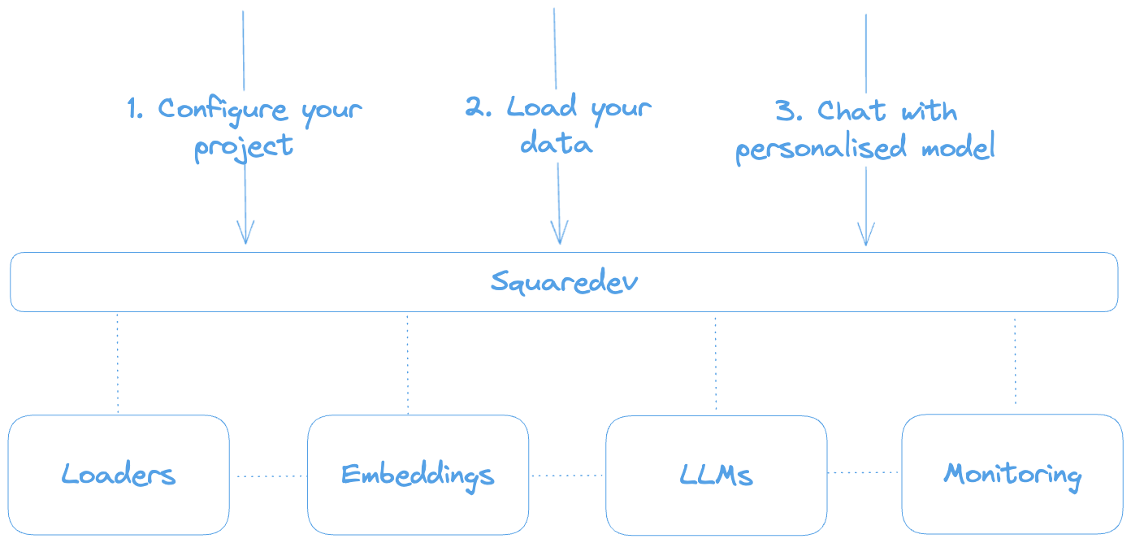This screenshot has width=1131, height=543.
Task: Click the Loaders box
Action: [119, 474]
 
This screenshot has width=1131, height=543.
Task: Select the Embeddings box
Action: [418, 474]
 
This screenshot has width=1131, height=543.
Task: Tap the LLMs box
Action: [716, 474]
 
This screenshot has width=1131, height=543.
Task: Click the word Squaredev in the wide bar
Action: [564, 282]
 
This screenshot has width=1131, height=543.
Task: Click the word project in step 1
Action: [243, 148]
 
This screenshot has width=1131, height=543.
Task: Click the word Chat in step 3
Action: [850, 111]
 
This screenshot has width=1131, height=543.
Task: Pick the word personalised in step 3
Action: [824, 150]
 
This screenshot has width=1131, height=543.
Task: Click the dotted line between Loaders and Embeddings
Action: [268, 476]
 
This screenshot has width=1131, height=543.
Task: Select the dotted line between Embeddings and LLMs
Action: [567, 476]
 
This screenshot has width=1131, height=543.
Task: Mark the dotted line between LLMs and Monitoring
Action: [864, 472]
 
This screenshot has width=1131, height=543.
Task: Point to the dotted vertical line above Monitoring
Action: [1015, 362]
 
